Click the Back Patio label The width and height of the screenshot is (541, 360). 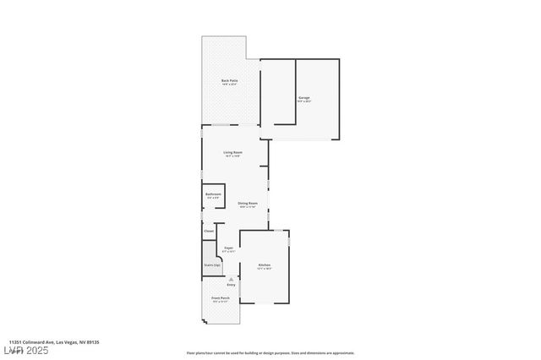pyautogui.click(x=229, y=80)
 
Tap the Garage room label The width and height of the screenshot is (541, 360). pyautogui.click(x=303, y=97)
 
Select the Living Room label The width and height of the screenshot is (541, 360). pyautogui.click(x=232, y=152)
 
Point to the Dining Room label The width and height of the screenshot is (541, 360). pyautogui.click(x=248, y=203)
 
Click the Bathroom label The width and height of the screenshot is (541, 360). pyautogui.click(x=213, y=194)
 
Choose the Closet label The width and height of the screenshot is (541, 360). pyautogui.click(x=209, y=230)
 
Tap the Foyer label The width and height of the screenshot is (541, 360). pyautogui.click(x=228, y=248)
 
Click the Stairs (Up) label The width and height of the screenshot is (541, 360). pyautogui.click(x=211, y=265)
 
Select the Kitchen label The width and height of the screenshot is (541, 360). pyautogui.click(x=264, y=265)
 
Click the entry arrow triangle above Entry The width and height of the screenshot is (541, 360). pyautogui.click(x=231, y=279)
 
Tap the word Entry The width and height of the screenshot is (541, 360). pyautogui.click(x=231, y=285)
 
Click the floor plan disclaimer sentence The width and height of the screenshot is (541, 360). pyautogui.click(x=270, y=353)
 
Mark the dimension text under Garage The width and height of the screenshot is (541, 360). pyautogui.click(x=303, y=101)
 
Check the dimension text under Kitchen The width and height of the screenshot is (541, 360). pyautogui.click(x=264, y=270)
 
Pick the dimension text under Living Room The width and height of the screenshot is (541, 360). pyautogui.click(x=232, y=156)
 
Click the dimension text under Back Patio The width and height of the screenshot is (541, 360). pyautogui.click(x=229, y=85)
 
